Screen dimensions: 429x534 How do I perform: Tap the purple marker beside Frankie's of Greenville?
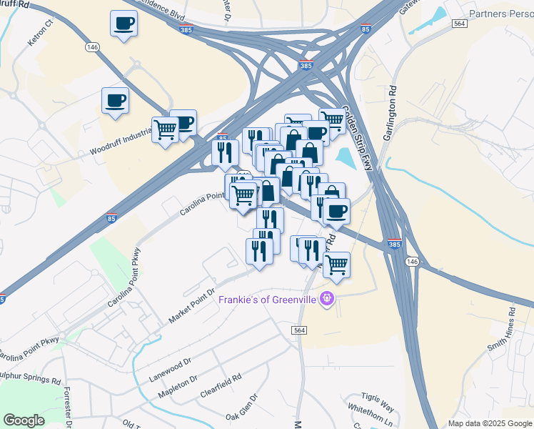pos(327,298)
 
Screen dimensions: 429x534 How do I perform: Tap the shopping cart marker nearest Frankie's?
pos(336,264)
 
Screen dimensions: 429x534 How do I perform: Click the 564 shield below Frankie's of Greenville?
pos(300,330)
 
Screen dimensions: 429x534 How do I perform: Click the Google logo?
pos(24,420)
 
